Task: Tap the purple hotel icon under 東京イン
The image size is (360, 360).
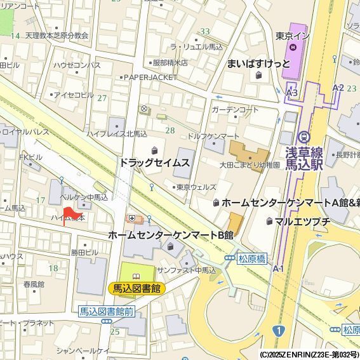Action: tap(293, 47)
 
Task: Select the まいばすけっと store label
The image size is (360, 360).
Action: tap(258, 63)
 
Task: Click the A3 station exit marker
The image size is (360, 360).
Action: tap(291, 93)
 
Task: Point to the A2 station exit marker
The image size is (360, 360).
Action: tap(338, 88)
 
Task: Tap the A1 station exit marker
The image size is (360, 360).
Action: tap(278, 269)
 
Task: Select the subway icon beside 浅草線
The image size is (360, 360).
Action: tap(303, 136)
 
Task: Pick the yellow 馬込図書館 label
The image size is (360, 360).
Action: tap(137, 288)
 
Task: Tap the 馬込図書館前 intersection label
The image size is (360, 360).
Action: tap(107, 311)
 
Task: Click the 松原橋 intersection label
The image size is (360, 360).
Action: tap(252, 258)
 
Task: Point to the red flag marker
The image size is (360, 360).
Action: tap(69, 214)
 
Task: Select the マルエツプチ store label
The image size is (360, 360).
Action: tap(302, 221)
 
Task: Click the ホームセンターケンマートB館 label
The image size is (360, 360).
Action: tap(171, 235)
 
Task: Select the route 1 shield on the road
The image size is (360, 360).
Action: tap(278, 330)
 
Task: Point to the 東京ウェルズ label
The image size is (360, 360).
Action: tap(196, 187)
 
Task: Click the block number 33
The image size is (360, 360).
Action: tap(204, 31)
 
